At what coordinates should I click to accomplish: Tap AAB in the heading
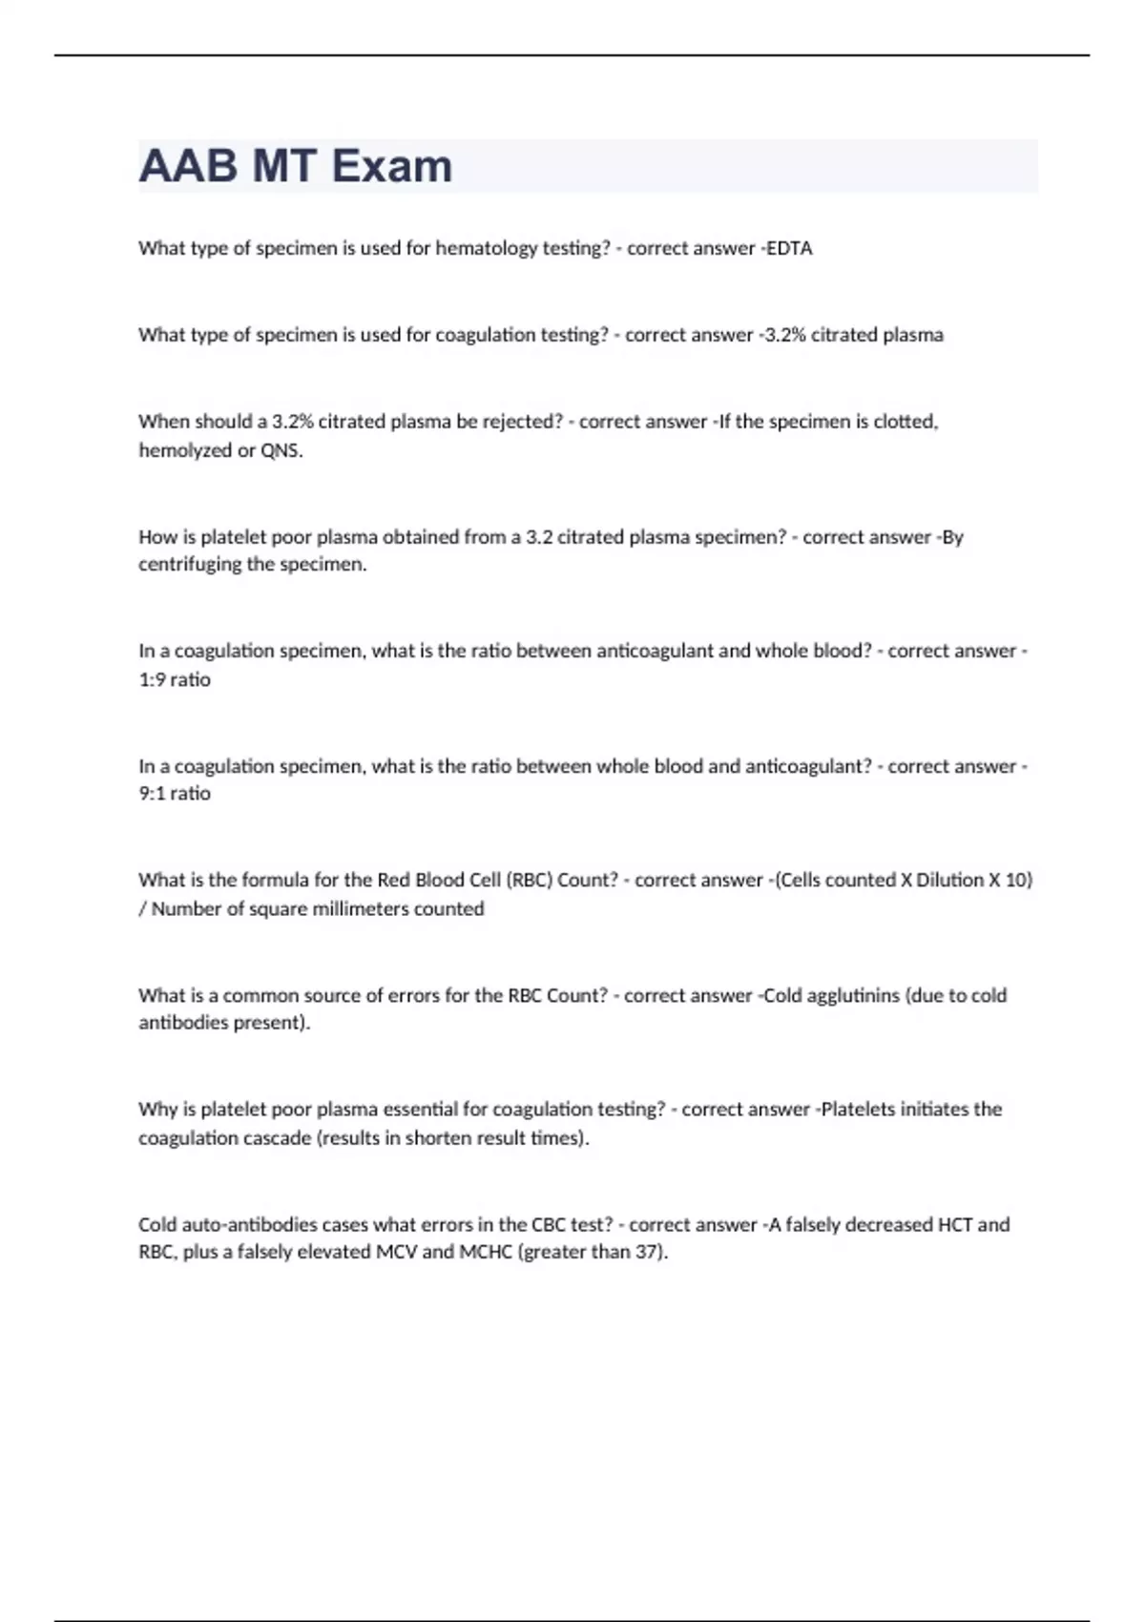[188, 166]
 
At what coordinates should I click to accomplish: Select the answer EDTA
[790, 248]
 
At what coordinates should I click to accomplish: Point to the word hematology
[487, 248]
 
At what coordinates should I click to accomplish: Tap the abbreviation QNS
[281, 450]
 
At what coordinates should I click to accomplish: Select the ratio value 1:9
[152, 679]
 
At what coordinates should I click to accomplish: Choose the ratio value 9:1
[152, 793]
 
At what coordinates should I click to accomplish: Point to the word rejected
[523, 422]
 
